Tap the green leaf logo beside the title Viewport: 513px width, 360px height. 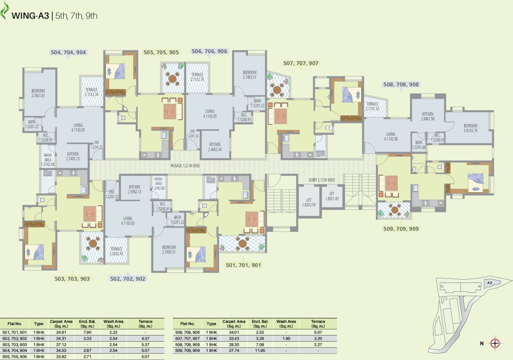(x=6, y=12)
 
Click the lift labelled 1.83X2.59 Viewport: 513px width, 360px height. (x=309, y=202)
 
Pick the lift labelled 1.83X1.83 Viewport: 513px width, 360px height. (x=332, y=196)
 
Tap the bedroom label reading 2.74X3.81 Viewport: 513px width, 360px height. (x=38, y=93)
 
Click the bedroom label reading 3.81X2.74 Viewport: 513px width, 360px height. (x=470, y=128)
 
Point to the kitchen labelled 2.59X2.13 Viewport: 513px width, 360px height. (x=134, y=189)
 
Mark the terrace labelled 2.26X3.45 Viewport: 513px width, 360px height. (x=116, y=252)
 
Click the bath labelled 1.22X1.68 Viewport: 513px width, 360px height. (x=418, y=145)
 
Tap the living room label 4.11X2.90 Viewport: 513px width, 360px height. (x=390, y=136)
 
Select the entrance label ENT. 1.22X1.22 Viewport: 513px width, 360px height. (x=97, y=145)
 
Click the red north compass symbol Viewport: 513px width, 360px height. (x=495, y=344)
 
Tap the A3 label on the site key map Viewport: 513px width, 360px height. (x=489, y=283)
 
